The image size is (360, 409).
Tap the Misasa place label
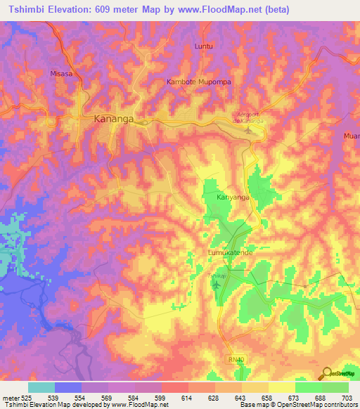[62, 73]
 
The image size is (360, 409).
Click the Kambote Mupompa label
[199, 82]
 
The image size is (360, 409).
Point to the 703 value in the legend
[348, 397]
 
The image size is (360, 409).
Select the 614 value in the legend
[188, 397]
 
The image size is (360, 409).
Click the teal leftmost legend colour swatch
[41, 387]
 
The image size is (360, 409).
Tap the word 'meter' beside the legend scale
[10, 397]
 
